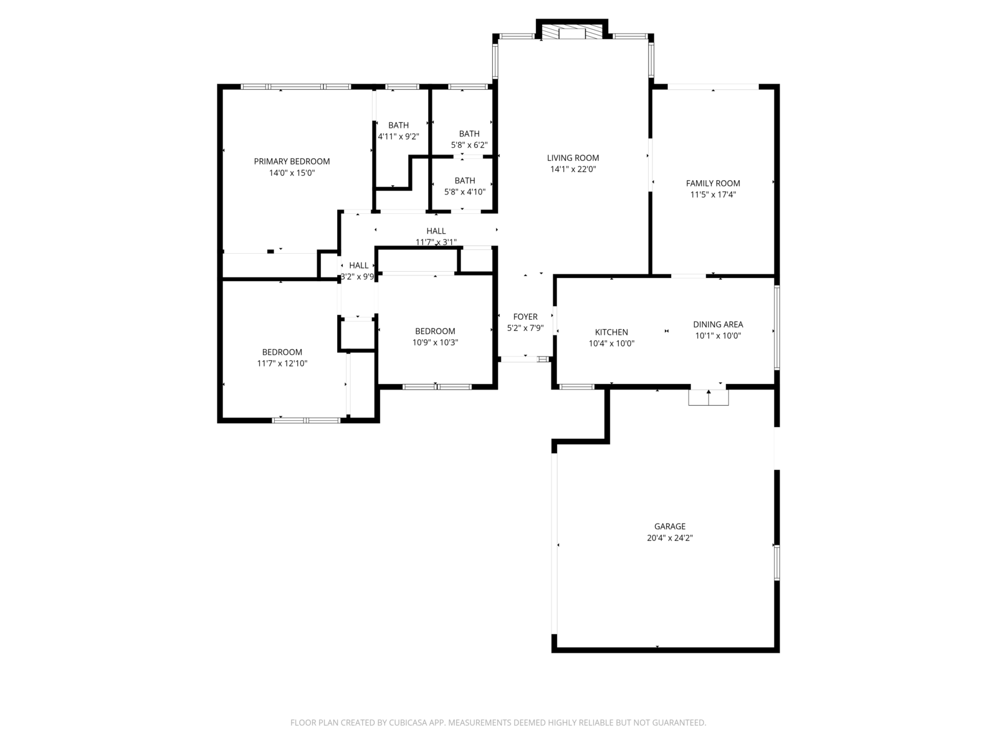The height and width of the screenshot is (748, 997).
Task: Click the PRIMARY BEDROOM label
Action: pos(292,161)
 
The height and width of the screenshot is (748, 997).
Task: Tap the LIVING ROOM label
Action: pos(573,158)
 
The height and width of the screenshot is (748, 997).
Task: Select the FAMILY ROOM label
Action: pos(713,183)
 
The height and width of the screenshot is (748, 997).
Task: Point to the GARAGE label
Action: pos(669,526)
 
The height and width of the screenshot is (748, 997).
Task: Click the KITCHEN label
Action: pos(611,332)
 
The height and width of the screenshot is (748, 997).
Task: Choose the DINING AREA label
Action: pos(718,324)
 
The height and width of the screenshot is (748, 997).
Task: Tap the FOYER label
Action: pos(525,317)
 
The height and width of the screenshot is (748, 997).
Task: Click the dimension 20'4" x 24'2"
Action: pos(669,538)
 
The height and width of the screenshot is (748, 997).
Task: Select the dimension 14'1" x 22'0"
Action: pos(573,169)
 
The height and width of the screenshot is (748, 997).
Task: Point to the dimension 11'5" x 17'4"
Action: pos(713,194)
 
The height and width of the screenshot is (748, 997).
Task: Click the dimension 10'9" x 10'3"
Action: pos(435,342)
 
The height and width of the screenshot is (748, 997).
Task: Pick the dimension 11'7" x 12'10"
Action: pos(282,363)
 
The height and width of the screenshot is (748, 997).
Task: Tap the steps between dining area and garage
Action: pos(708,398)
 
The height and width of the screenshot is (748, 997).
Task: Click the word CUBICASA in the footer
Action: pos(408,722)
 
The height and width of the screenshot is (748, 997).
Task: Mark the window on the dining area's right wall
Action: pos(776,327)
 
